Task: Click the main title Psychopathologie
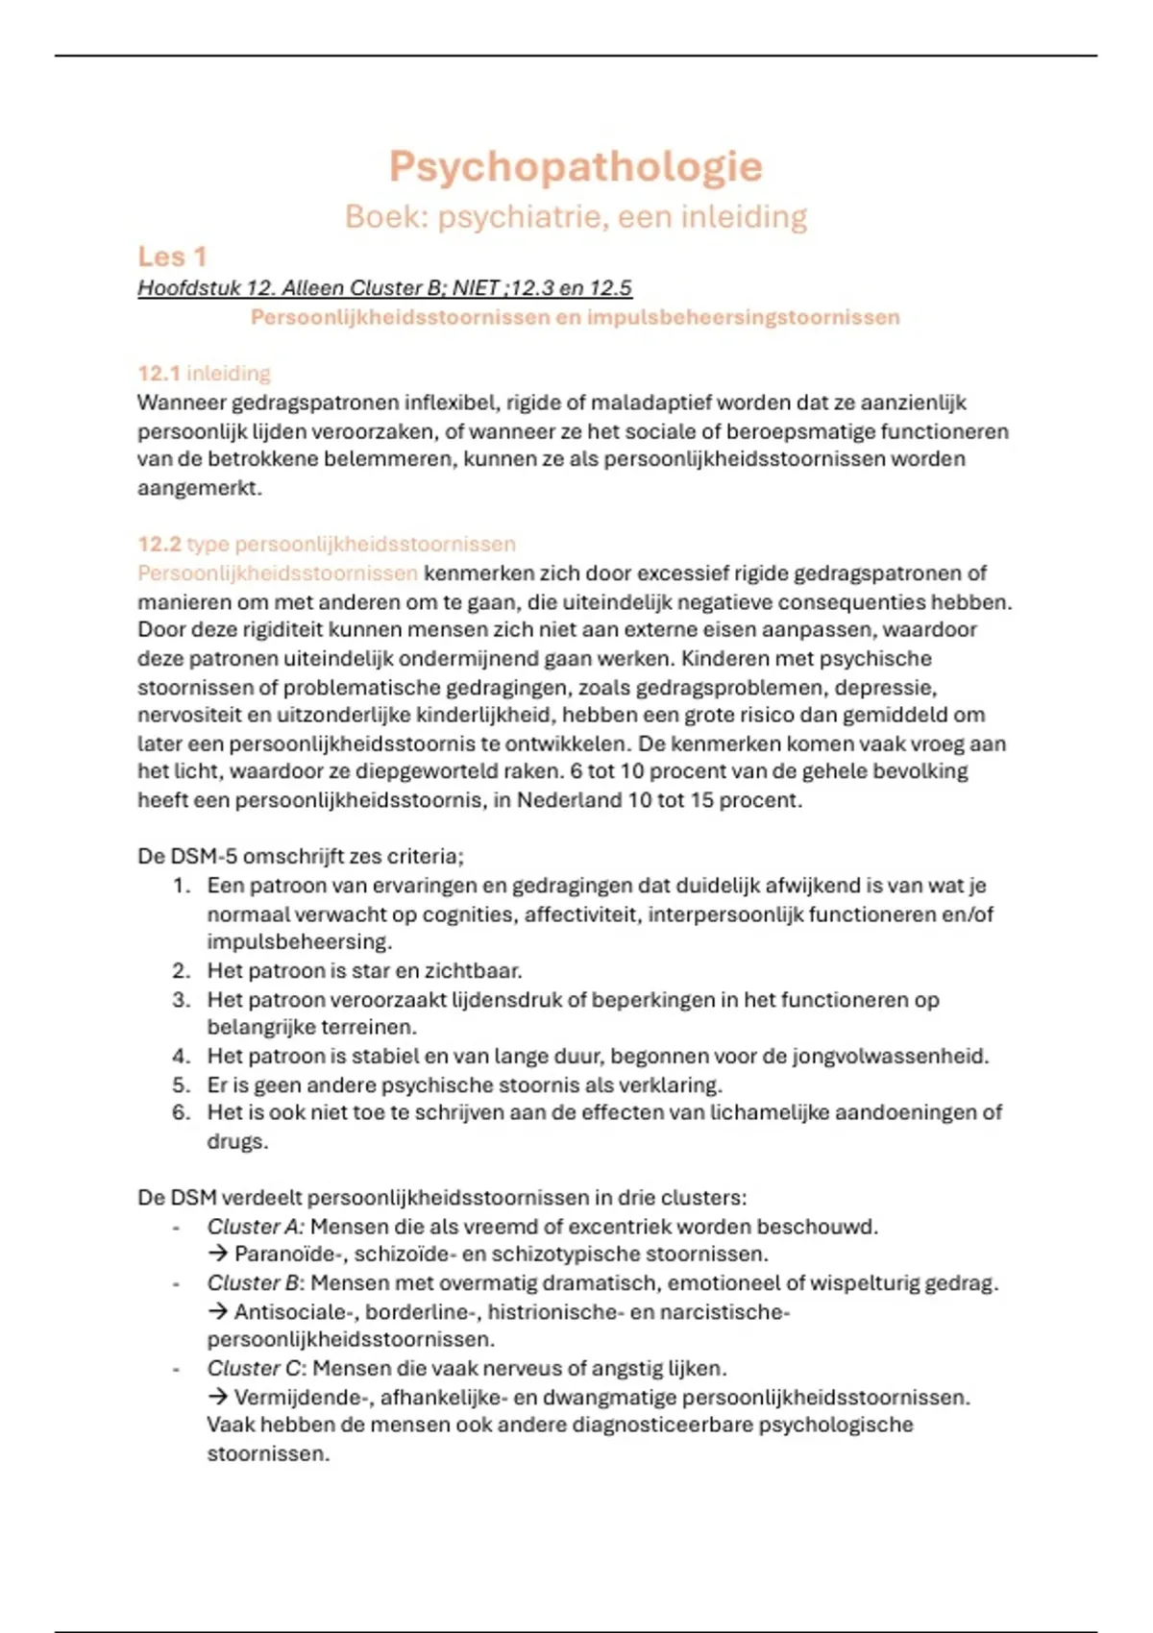pos(576,167)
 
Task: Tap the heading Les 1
pos(172,256)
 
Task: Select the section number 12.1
pos(159,373)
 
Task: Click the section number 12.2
pos(159,544)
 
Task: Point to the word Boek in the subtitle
pos(385,217)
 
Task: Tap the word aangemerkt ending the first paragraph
pos(198,488)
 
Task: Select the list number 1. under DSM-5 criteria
pos(182,886)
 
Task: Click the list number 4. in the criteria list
pos(182,1057)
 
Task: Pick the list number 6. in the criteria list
pos(182,1112)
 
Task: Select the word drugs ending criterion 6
pos(236,1142)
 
